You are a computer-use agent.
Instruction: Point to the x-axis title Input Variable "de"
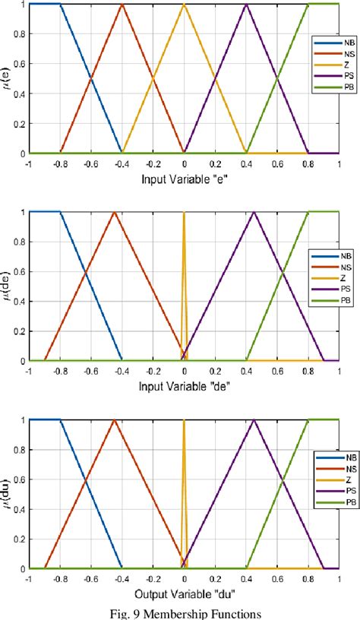(184, 386)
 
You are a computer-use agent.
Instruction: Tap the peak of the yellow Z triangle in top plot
(184, 5)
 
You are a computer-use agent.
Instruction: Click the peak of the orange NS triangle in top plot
(122, 5)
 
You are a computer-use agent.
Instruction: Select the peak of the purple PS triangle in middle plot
(254, 212)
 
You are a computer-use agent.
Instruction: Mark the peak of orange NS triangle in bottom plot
(115, 420)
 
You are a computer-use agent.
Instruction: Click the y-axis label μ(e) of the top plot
(8, 78)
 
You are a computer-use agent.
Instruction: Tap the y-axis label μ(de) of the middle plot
(8, 286)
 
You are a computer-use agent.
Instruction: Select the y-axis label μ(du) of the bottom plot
(8, 494)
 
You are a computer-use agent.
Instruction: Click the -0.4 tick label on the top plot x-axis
(121, 163)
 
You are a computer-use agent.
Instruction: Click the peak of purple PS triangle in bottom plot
(254, 420)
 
